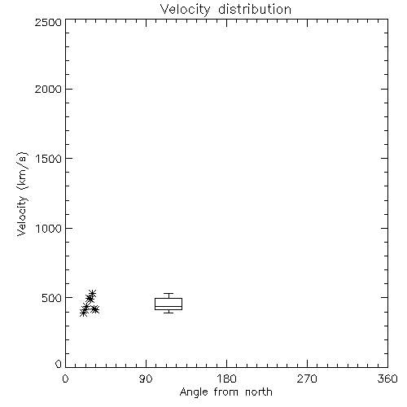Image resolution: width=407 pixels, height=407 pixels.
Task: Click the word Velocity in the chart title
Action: (x=185, y=10)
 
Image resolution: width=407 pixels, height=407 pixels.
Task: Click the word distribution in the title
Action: (x=255, y=9)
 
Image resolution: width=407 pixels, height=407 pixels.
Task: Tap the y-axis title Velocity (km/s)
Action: (x=22, y=194)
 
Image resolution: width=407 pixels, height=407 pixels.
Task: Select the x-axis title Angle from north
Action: (x=226, y=392)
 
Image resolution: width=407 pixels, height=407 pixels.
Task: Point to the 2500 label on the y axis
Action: (x=48, y=22)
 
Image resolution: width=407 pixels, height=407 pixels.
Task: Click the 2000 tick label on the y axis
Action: (x=48, y=89)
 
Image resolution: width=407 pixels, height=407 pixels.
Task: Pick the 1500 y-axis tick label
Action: (x=49, y=159)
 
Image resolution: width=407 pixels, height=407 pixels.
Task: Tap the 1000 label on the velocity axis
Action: (x=49, y=228)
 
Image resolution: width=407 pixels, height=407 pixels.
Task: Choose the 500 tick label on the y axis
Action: (x=52, y=298)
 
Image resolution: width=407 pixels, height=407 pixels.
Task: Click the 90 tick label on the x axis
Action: (x=146, y=379)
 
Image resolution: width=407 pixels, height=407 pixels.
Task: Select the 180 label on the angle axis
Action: (x=226, y=379)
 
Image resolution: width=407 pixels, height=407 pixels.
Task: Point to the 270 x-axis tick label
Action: (x=307, y=379)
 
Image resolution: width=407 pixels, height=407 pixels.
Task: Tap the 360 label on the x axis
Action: (x=387, y=379)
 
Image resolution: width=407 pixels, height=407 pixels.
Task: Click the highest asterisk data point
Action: (x=92, y=293)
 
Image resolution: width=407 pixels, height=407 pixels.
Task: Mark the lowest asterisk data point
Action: (x=84, y=313)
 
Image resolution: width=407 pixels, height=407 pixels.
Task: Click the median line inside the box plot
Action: (x=168, y=307)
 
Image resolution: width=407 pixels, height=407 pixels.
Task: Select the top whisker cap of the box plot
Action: (x=168, y=293)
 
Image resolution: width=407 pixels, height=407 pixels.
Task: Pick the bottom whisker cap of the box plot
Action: (x=168, y=313)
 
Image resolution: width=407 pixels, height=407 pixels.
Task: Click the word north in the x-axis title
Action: (x=259, y=392)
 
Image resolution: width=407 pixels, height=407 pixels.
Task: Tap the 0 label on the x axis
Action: (x=65, y=379)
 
